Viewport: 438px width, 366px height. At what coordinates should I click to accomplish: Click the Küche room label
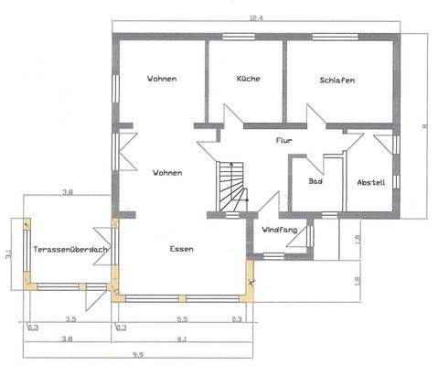point(248,79)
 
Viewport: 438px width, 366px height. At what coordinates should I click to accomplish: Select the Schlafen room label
point(337,81)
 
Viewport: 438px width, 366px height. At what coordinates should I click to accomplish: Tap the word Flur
point(283,141)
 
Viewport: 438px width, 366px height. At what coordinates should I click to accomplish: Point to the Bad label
point(315,181)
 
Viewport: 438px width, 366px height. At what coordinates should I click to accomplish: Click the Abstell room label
point(371,181)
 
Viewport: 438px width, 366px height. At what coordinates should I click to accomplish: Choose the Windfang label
point(277,230)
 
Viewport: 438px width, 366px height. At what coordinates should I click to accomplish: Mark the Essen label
point(183,249)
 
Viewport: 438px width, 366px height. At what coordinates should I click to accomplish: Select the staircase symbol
point(231,186)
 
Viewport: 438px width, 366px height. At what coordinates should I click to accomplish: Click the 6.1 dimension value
point(182,339)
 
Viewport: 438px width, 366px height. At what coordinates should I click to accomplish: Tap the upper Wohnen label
point(162,80)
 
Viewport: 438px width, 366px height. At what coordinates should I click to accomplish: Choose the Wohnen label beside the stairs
point(167,172)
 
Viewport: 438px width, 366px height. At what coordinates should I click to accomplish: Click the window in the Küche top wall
point(240,36)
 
